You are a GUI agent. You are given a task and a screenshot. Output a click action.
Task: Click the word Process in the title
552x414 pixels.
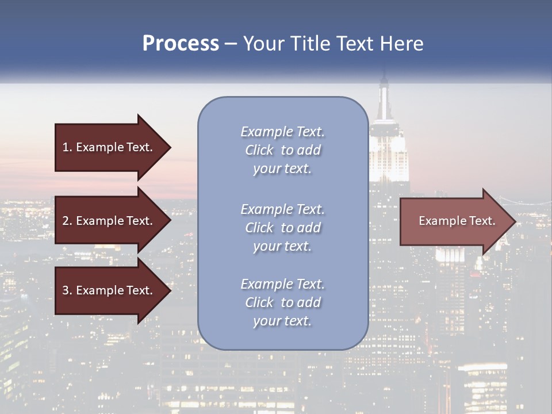(x=181, y=44)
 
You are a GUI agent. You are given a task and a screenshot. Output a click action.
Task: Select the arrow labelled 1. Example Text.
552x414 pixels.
(x=103, y=147)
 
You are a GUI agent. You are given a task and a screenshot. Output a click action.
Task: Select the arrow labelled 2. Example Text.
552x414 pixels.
(x=103, y=221)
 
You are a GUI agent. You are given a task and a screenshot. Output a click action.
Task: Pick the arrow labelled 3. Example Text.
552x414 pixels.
(x=103, y=290)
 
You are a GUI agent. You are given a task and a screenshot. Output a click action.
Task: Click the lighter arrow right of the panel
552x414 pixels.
(x=448, y=221)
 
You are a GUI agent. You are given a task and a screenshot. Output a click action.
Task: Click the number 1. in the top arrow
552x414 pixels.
(x=67, y=147)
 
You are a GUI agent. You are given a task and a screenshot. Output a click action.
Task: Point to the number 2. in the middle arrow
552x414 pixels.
(x=67, y=221)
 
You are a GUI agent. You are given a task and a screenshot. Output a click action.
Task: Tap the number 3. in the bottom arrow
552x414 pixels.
(x=67, y=290)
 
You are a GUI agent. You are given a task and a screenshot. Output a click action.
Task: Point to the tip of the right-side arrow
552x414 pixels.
(x=514, y=221)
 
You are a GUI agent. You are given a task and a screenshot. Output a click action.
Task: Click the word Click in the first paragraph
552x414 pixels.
(x=259, y=151)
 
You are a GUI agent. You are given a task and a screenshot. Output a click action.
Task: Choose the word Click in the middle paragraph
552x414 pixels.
(x=259, y=228)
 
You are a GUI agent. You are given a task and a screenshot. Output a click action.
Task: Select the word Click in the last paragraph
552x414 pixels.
(x=259, y=302)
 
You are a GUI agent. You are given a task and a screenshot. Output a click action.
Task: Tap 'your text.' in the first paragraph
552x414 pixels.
(x=282, y=169)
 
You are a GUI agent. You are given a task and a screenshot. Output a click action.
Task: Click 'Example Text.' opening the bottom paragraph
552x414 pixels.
(x=282, y=284)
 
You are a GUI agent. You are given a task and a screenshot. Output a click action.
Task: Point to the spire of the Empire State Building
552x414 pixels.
(x=384, y=92)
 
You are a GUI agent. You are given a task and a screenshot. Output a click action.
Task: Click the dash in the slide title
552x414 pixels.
(x=231, y=44)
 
